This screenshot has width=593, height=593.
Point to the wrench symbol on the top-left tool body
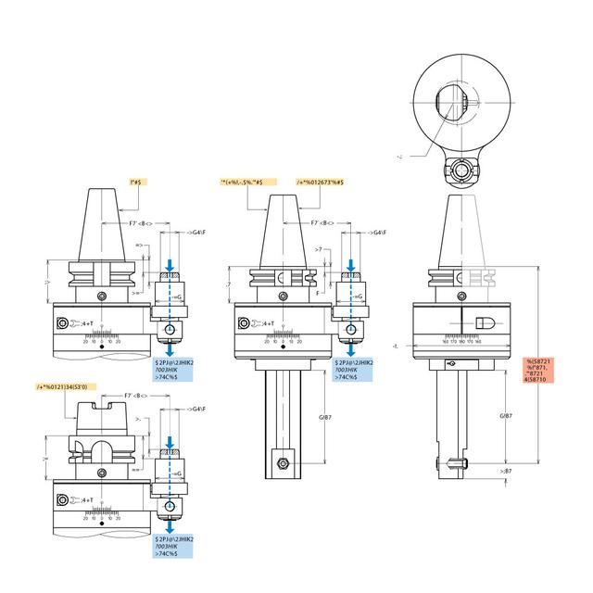[x=62, y=323]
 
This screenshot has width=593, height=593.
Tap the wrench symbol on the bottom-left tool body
[x=62, y=501]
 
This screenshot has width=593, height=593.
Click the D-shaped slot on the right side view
[x=489, y=321]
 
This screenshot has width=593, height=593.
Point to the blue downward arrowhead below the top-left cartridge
[x=170, y=348]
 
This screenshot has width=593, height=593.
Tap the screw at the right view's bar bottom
[x=453, y=463]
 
